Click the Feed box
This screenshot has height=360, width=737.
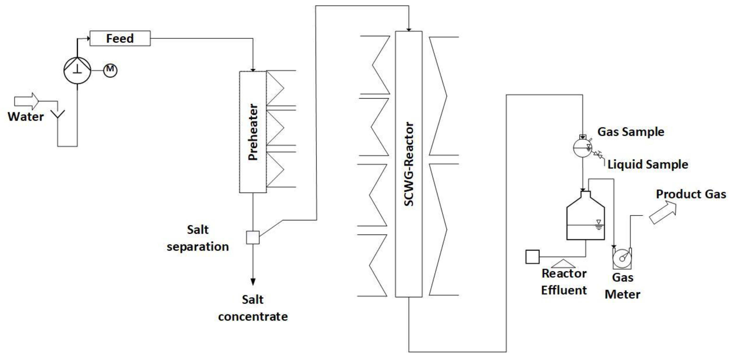120,38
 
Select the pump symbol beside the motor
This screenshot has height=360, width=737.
77,70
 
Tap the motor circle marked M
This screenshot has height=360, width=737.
110,70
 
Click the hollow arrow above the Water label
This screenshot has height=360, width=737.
27,101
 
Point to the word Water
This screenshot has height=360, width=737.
26,117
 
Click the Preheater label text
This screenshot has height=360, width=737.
253,132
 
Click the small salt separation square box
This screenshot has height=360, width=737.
253,237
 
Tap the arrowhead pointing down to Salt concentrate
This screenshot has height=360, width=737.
253,282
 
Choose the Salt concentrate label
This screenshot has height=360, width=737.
253,308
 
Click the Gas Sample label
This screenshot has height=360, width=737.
630,132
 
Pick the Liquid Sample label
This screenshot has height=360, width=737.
648,164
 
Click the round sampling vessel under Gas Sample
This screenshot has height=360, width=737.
582,148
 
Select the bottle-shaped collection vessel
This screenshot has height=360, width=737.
586,219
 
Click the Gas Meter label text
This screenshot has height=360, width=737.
623,286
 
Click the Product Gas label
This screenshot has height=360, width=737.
691,194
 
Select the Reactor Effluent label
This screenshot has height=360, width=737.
564,282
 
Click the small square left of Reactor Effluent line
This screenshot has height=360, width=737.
532,256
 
